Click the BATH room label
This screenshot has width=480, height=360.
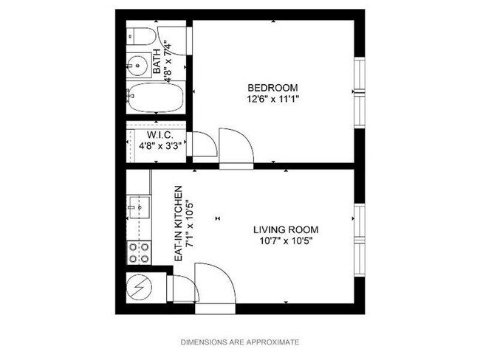(x=157, y=62)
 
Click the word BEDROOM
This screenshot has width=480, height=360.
(x=273, y=86)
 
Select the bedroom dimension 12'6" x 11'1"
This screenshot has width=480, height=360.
(x=273, y=97)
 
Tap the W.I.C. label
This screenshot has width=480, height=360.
(x=160, y=135)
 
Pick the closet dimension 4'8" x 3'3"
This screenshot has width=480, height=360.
(x=160, y=145)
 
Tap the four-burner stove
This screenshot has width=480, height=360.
(x=139, y=252)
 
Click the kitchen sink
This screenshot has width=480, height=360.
(x=138, y=206)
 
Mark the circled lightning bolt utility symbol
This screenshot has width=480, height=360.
(x=138, y=288)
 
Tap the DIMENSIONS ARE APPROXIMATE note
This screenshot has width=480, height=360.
(x=240, y=342)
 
